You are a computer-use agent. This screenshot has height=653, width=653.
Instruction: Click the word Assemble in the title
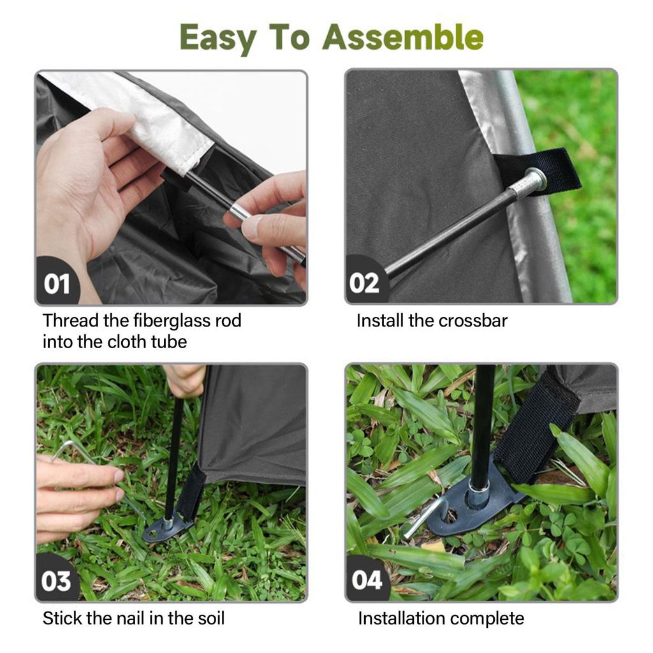pos(403,38)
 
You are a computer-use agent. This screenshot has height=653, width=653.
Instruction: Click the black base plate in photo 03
pos(167,527)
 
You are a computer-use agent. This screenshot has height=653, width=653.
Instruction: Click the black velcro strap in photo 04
pos(536,433)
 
